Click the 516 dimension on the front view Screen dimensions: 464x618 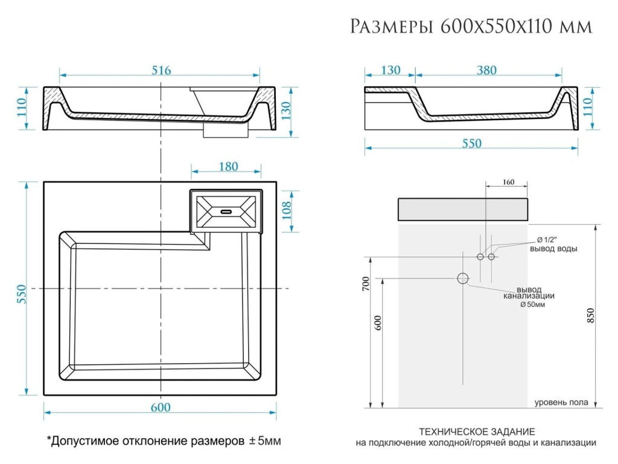[161, 71]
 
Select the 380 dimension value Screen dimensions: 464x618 [486, 71]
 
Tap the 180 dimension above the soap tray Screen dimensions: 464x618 [228, 167]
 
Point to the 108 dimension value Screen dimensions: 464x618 [287, 210]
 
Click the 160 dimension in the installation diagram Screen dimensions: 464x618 [508, 182]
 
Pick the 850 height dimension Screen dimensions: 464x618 [591, 315]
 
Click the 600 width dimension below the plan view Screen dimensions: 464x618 [160, 407]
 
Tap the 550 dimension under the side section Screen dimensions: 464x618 [471, 144]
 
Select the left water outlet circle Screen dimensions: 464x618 [480, 257]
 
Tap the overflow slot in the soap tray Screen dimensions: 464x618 [226, 211]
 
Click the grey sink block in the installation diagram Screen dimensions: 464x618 [463, 208]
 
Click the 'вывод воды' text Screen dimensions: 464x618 [553, 248]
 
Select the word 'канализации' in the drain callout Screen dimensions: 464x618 [529, 296]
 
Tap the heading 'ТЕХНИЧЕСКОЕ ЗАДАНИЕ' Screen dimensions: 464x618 [477, 431]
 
